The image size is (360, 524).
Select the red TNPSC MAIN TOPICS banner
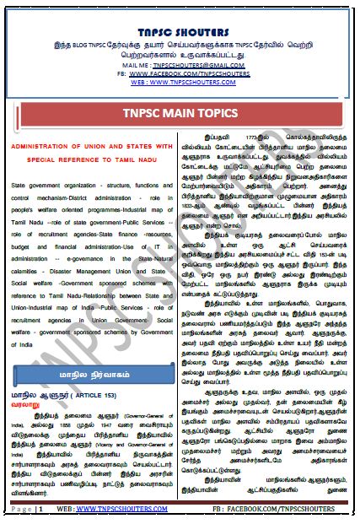click(180, 113)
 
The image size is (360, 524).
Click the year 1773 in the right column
click(235, 136)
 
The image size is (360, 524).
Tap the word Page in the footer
click(22, 510)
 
